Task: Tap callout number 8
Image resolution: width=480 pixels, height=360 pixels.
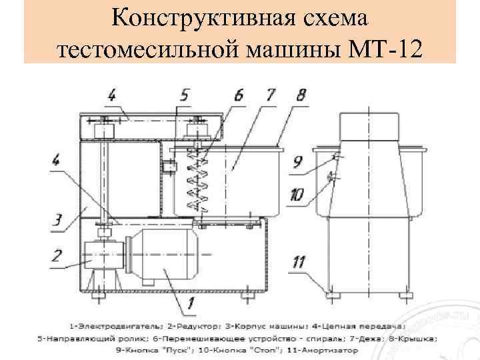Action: pos(301,95)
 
